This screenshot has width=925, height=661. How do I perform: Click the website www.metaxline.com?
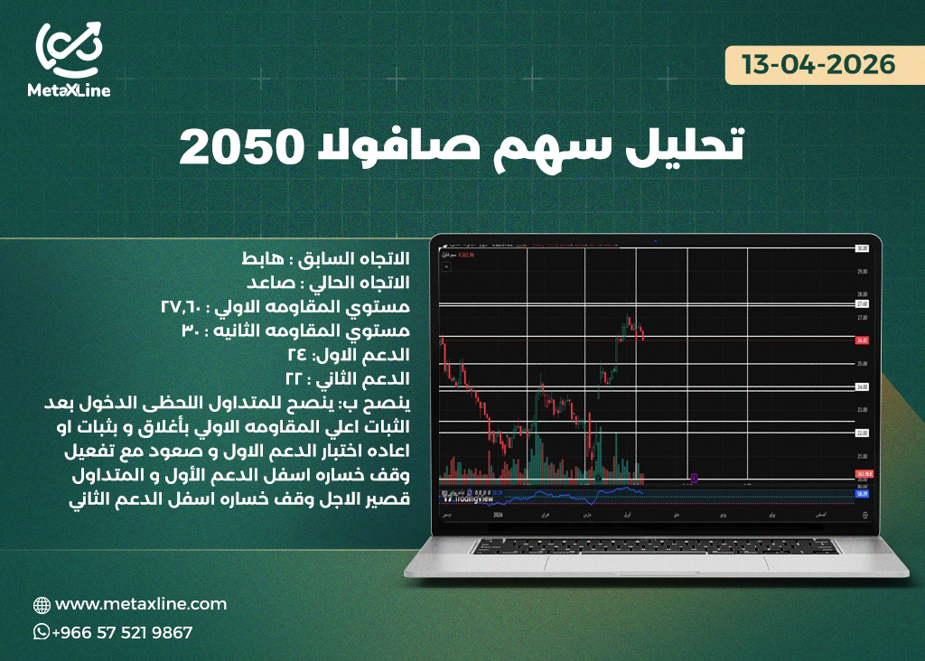tap(141, 604)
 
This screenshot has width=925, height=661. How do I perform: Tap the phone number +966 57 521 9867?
tap(122, 633)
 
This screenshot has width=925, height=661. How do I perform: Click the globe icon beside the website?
tap(42, 605)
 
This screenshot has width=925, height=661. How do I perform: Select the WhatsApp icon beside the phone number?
tap(42, 632)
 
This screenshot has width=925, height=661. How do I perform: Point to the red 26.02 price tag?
tap(862, 340)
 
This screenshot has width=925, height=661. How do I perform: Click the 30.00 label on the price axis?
tap(862, 247)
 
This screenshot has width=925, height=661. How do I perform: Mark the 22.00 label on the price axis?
tap(862, 433)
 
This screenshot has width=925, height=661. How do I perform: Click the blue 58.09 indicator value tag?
tap(862, 493)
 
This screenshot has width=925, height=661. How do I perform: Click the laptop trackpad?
tap(655, 563)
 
